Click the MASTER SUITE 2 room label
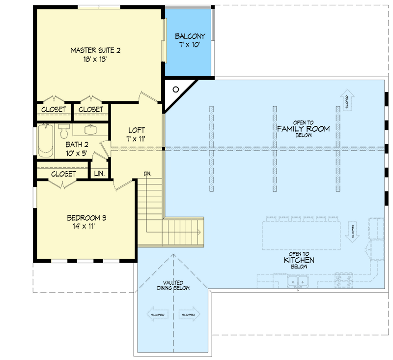point(96,50)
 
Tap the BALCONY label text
point(190,36)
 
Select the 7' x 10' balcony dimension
point(190,45)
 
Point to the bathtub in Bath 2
point(45,140)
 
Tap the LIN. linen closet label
point(99,174)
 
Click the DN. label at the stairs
point(147,174)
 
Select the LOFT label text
point(136,130)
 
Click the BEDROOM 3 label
point(87,218)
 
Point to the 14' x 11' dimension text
point(87,227)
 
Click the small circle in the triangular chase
point(175,90)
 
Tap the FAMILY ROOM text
point(303,128)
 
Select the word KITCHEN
point(299,260)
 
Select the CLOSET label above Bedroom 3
point(63,174)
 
